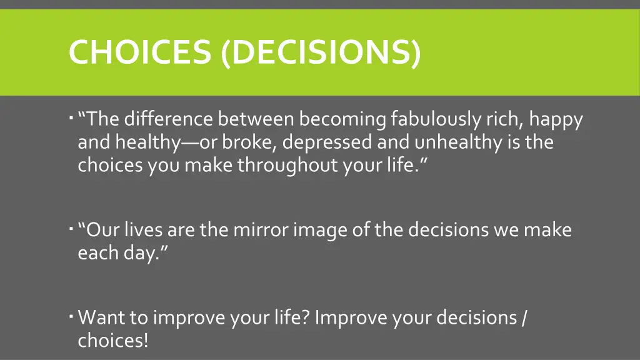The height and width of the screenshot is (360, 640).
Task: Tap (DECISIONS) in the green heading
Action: [x=321, y=52]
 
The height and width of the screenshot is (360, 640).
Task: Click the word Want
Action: [x=101, y=317]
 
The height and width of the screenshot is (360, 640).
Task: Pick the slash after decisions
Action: [x=522, y=317]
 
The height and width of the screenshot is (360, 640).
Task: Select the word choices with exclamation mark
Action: [x=113, y=341]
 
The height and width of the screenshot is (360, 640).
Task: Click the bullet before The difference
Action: [x=72, y=117]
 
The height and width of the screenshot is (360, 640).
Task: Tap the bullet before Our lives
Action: [x=72, y=229]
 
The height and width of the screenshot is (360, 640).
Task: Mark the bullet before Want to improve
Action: [x=72, y=316]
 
